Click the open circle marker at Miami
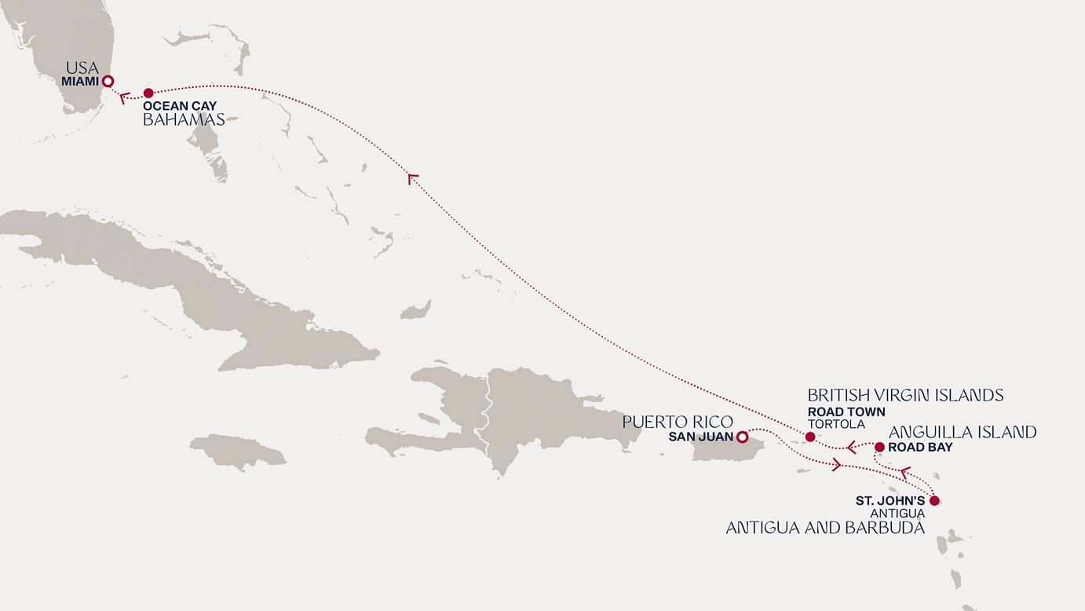[108, 81]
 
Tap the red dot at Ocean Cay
[148, 93]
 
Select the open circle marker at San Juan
[741, 437]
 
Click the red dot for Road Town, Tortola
[810, 437]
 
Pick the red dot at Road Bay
[879, 447]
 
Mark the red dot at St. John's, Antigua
[934, 500]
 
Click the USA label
[82, 68]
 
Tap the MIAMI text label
[81, 81]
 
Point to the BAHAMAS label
[184, 119]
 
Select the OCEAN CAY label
[180, 105]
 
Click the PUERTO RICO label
[678, 422]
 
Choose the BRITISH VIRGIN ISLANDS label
[905, 395]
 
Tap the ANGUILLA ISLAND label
[963, 432]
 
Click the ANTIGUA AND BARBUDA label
[825, 528]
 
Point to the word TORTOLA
[836, 424]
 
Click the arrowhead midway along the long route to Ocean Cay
[412, 179]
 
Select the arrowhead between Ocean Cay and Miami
[124, 98]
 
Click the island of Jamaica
[237, 452]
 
